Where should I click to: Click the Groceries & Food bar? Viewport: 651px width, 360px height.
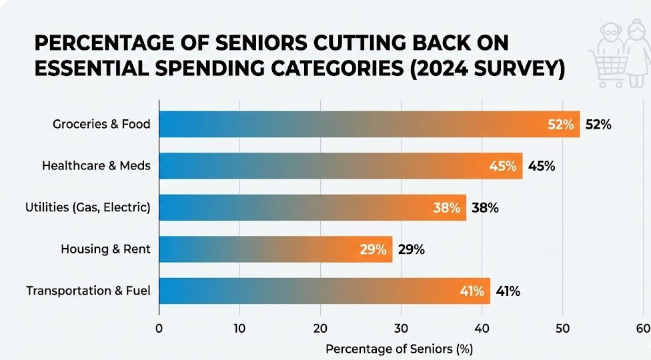click(369, 125)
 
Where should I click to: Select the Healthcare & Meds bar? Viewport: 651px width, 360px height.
click(340, 166)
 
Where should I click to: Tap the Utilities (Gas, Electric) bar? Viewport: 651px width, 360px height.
click(312, 208)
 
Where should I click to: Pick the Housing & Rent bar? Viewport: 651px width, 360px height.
click(275, 249)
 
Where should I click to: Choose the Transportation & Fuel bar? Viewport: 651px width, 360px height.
click(324, 291)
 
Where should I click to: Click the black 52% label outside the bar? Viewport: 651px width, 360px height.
click(598, 125)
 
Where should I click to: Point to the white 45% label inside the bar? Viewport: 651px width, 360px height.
click(503, 166)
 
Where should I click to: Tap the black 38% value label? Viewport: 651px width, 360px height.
click(485, 208)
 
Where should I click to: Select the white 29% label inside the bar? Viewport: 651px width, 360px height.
click(373, 249)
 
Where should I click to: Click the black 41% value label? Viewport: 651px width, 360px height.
click(507, 291)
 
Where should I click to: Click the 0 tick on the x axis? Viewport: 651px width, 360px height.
click(159, 328)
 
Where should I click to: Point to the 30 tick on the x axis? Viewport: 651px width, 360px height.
click(401, 328)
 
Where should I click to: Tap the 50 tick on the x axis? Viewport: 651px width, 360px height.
click(563, 328)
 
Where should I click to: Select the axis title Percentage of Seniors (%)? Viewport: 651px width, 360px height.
click(399, 349)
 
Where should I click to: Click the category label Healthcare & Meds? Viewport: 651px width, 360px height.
click(96, 166)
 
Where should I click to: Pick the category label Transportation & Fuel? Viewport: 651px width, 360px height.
click(88, 291)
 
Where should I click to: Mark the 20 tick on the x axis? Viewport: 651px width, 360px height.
click(320, 328)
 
